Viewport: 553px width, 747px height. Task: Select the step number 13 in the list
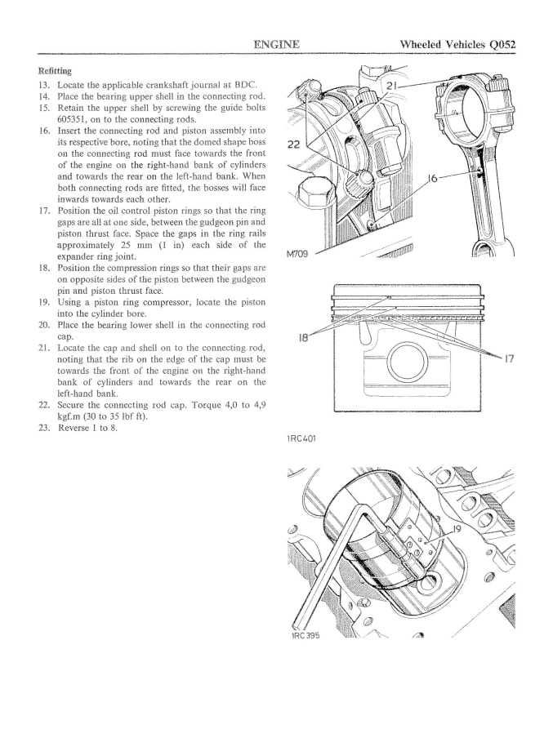tap(44, 86)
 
